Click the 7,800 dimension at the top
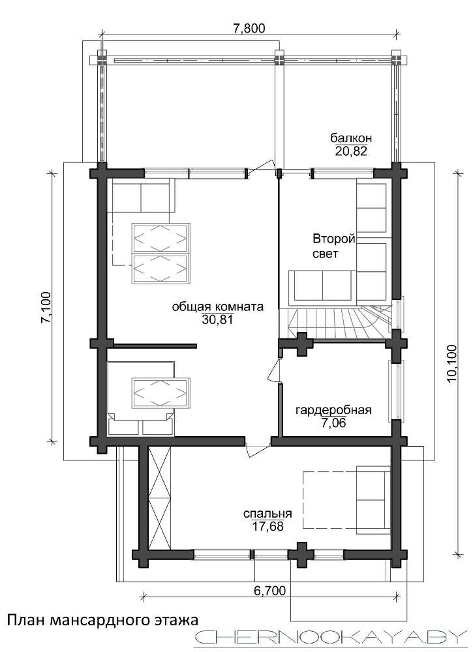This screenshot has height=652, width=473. point(249,28)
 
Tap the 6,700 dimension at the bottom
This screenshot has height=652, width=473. point(270,591)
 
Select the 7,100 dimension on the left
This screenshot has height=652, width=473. point(46,307)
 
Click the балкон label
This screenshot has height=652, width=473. point(351,138)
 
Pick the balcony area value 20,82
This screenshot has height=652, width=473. point(351,151)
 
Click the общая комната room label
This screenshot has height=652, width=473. point(218,307)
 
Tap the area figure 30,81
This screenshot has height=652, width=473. point(217,319)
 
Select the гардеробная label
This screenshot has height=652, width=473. point(333,410)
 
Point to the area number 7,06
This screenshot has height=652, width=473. point(333,423)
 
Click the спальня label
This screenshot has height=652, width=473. point(267,514)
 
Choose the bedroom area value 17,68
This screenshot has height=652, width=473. point(268,526)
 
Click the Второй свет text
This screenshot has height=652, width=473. point(333,246)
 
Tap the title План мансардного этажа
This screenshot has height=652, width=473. point(102,621)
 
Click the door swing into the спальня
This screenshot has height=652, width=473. point(257,451)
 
